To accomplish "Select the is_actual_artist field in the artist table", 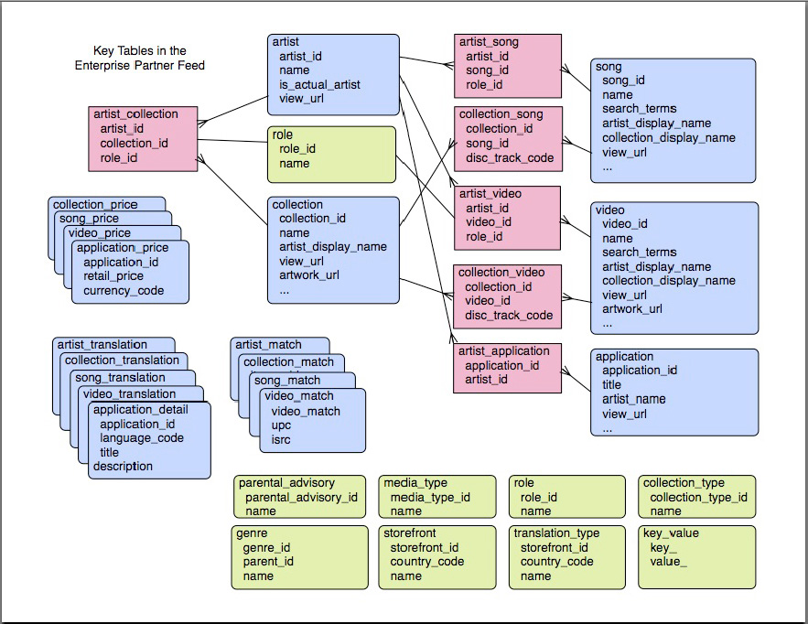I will [x=319, y=85].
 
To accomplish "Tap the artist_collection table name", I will [x=135, y=114].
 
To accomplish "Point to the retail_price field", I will [x=113, y=276].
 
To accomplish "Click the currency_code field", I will [x=123, y=291].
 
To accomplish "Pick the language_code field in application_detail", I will [x=141, y=438].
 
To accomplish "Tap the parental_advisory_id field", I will [x=301, y=497].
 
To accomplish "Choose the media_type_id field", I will [x=429, y=497].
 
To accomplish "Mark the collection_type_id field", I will [x=698, y=497].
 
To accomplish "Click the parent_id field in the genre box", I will [x=268, y=562].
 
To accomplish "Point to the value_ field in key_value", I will [x=670, y=562].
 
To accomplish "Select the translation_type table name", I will [x=556, y=533].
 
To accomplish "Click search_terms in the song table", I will [x=639, y=109].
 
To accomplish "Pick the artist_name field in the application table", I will [x=633, y=399].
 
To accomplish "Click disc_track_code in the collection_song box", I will [x=510, y=158].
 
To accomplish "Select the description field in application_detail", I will [x=123, y=466].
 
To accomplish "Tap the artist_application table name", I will [x=504, y=351].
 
